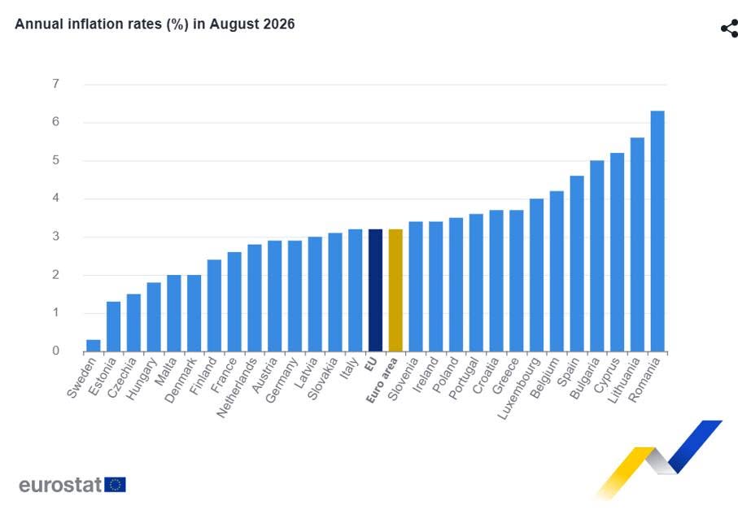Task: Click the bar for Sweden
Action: click(x=94, y=346)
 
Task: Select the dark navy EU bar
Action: click(x=375, y=290)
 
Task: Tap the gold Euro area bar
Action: click(x=395, y=290)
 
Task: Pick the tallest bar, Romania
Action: click(x=657, y=231)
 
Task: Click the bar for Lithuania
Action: click(x=637, y=245)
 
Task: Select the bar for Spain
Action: click(x=577, y=264)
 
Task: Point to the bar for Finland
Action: click(x=214, y=305)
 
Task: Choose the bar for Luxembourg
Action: click(x=536, y=275)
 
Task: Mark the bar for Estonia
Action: click(x=113, y=326)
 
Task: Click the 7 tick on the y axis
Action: click(x=56, y=84)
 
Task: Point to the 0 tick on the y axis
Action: click(x=56, y=351)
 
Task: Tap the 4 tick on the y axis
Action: click(x=56, y=198)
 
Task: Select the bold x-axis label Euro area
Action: click(x=382, y=380)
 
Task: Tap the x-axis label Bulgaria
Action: click(x=584, y=378)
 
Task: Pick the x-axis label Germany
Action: click(x=282, y=380)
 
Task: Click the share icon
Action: click(x=730, y=28)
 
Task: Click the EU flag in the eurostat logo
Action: click(x=115, y=485)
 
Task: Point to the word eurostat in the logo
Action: click(x=60, y=485)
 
